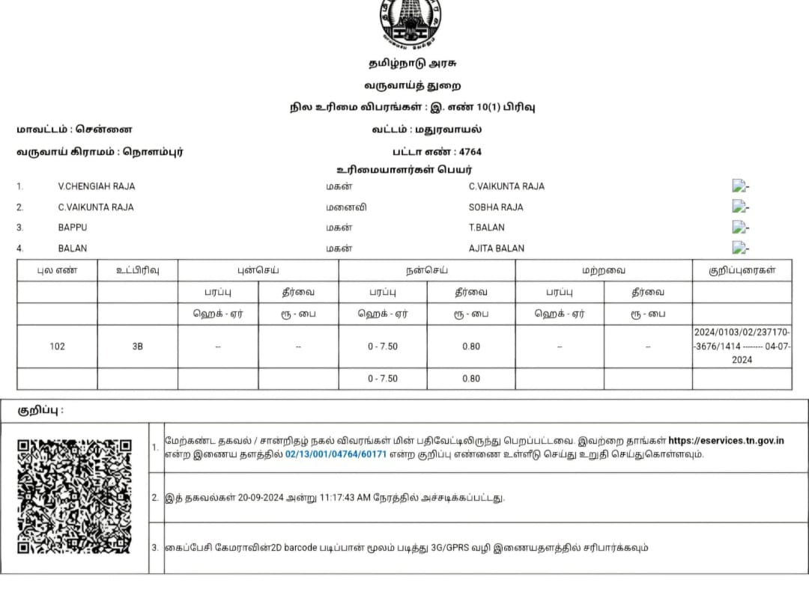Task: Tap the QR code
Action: point(74,496)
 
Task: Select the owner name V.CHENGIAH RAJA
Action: point(97,186)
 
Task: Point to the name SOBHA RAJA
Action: point(496,207)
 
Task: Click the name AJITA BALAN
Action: point(497,248)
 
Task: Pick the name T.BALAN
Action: point(487,228)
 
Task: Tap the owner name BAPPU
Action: point(73,228)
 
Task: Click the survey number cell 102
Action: point(57,347)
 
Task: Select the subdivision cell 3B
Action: point(137,347)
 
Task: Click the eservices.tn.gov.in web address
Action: point(726,441)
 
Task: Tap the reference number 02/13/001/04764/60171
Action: point(336,454)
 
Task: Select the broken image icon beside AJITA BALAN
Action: point(739,248)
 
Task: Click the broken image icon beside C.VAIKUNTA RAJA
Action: point(739,186)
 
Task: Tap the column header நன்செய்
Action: point(426,270)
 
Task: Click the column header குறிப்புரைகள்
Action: point(742,270)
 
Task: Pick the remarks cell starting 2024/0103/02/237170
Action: point(742,346)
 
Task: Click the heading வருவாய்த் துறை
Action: point(413,85)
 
